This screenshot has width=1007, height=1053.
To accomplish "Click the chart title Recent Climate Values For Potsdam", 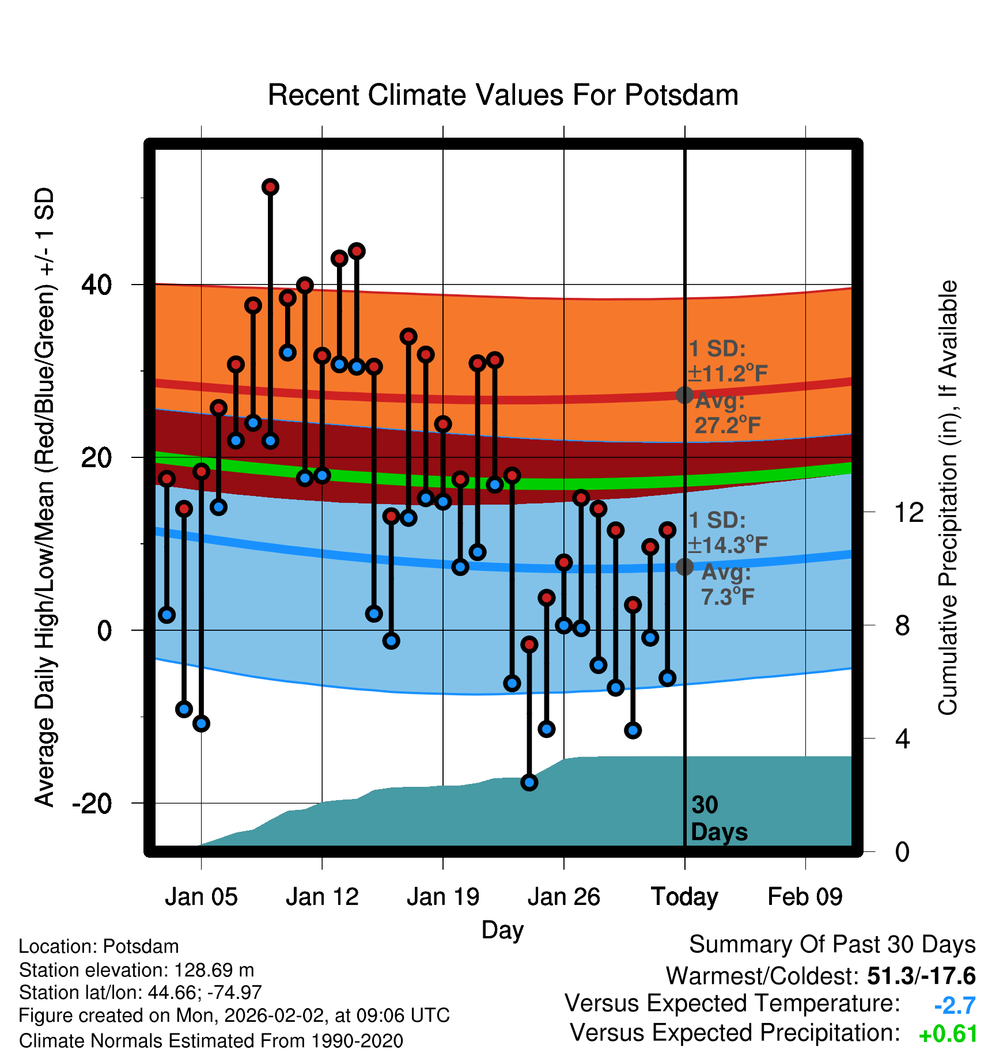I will point(503,95).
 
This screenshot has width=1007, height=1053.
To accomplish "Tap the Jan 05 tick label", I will point(201,897).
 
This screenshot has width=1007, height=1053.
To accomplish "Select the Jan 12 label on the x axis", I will point(322,897).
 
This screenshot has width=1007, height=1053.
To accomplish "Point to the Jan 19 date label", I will point(443,897).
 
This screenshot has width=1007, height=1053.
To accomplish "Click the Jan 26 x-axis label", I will point(563,897).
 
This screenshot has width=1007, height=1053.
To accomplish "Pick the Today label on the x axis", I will point(684,897).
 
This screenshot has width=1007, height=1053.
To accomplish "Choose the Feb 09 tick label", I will point(805,897).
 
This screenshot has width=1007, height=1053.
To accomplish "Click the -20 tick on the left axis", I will point(92,803).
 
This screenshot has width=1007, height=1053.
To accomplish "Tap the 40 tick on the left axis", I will point(97,285).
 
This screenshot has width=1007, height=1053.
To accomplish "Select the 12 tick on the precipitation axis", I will point(909,512).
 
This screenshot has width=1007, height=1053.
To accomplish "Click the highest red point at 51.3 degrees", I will point(270,187).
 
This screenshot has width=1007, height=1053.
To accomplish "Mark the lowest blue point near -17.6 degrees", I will point(529,782).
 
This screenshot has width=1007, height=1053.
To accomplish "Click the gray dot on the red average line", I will point(684,395).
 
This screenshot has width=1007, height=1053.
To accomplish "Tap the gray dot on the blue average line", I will point(684,567).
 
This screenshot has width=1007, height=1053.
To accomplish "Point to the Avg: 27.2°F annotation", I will point(727,414).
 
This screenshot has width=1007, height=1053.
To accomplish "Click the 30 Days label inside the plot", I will point(718,819).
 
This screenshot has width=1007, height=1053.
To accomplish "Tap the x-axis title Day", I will point(502,930).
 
